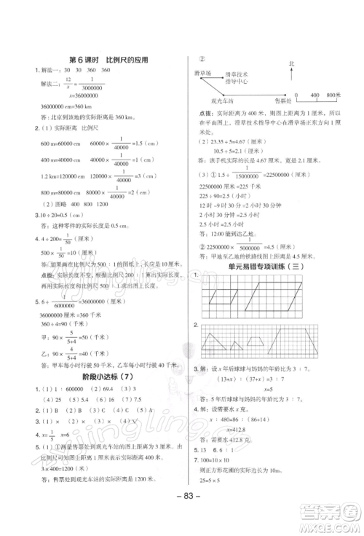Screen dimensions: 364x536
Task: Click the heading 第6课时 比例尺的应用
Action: click(108, 60)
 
